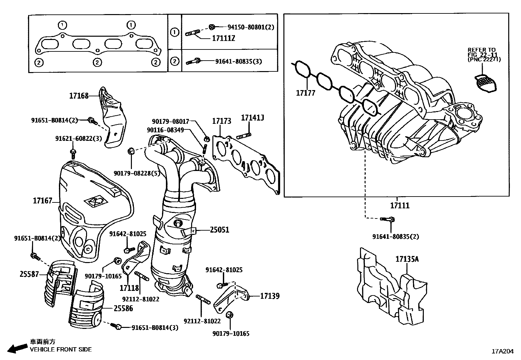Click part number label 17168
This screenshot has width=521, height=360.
coord(79,96)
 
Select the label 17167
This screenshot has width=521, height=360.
coord(43,200)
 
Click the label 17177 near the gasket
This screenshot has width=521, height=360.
coord(305,93)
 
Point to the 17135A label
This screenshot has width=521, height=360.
coord(407,259)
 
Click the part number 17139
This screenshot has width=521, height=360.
coord(270,296)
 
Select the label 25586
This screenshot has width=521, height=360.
coord(123,308)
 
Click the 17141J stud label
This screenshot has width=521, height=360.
coord(252,118)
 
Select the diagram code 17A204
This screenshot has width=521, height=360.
coord(502,351)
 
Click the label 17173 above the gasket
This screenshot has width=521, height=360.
coord(222,121)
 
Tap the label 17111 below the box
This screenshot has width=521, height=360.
coord(400,206)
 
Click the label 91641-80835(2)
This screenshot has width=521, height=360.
coord(395,236)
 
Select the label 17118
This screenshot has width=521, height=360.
coord(130,288)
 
